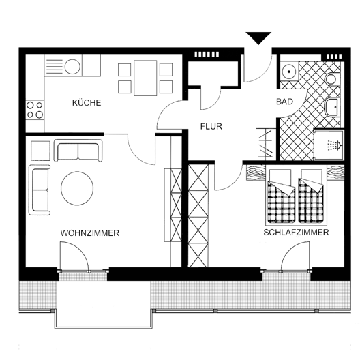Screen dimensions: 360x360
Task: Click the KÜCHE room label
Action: tap(87, 103)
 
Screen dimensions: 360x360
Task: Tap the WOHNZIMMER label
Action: tap(90, 233)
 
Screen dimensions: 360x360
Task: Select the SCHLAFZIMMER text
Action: tap(296, 232)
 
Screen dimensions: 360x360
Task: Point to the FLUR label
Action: tap(211, 127)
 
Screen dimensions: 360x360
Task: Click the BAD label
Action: tap(285, 102)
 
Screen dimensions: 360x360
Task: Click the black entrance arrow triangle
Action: tap(258, 38)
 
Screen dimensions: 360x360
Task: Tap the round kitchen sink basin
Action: tap(72, 67)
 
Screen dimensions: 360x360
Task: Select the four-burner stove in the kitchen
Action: tap(35, 110)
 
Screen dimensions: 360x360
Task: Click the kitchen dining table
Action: tap(145, 78)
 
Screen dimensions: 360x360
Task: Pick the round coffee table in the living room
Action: tap(77, 188)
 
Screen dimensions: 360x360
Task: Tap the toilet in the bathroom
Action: tap(333, 79)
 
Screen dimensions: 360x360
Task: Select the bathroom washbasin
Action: tap(332, 107)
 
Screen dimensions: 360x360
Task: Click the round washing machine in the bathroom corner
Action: tap(288, 71)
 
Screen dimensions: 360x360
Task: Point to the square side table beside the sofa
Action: tap(40, 151)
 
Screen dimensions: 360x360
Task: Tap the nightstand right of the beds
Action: tap(335, 172)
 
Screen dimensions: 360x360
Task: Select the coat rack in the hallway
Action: tap(267, 143)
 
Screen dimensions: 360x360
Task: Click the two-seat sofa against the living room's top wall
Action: tap(78, 151)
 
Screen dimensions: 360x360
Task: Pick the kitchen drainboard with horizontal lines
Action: tap(55, 67)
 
